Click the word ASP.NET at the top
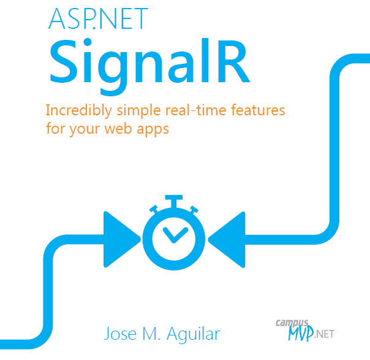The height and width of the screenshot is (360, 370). tap(98, 19)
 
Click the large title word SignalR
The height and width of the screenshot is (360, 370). tap(149, 67)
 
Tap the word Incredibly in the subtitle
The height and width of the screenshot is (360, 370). tap(79, 111)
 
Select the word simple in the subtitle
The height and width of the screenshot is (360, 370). tap(138, 111)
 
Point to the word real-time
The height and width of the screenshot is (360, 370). tap(196, 110)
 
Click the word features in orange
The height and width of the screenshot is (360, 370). tap(258, 110)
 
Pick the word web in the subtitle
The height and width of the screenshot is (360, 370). tap(118, 129)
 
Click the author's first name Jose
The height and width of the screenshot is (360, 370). tap(120, 333)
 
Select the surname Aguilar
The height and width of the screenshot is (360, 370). tap(194, 334)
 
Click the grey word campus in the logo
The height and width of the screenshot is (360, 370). tap(292, 323)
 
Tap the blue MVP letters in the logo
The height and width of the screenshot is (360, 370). tap(301, 333)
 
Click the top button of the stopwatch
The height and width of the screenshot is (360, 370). tap(174, 201)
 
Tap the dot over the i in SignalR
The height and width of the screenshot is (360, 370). tap(88, 42)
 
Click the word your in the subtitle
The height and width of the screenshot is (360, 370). tap(85, 130)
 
